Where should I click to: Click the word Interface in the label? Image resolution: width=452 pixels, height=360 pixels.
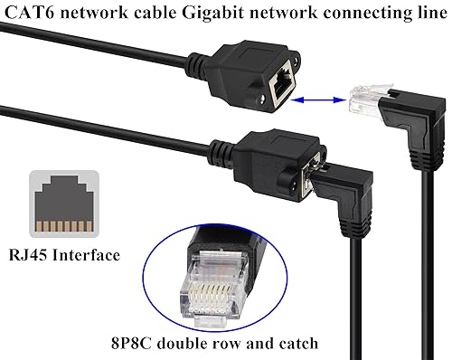88,256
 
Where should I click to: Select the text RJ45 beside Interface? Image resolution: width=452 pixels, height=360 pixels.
27,256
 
